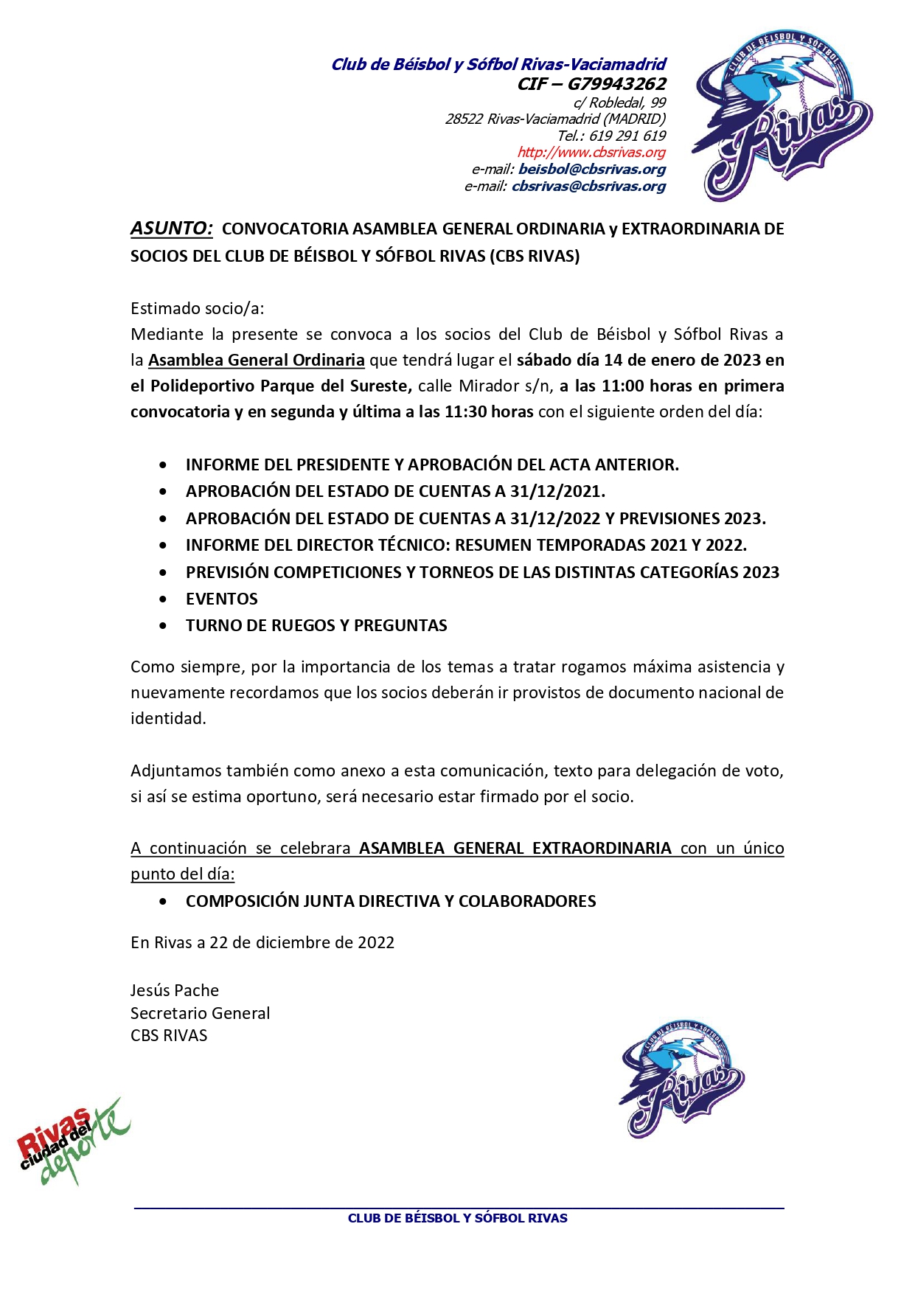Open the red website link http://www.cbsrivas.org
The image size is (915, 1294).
tap(591, 153)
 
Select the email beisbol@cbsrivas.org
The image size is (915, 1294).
tap(591, 170)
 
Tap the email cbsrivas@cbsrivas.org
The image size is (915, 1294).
tap(588, 187)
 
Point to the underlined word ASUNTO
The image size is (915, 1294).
tap(171, 229)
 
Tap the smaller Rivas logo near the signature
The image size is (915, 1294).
tap(682, 1078)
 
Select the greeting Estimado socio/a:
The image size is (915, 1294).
tap(197, 308)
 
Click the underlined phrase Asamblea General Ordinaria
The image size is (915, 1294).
tap(257, 361)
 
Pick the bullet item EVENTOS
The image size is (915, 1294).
tap(222, 599)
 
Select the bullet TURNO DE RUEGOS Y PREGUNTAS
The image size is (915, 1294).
tap(316, 626)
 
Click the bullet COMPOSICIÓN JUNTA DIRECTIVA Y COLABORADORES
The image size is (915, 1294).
tap(391, 902)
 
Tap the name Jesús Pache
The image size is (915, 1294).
tap(175, 990)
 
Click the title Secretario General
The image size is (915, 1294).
tap(201, 1013)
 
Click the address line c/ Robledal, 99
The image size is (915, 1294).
tap(619, 103)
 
